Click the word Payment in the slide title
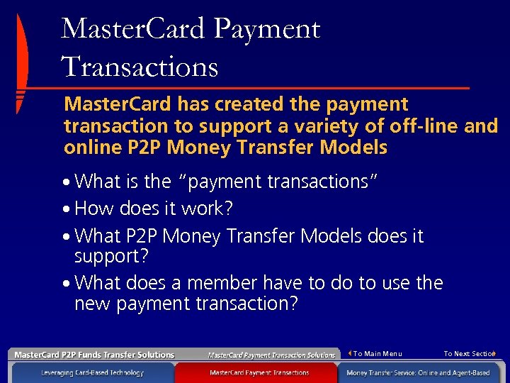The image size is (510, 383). (266, 30)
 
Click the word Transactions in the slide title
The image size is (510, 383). (140, 67)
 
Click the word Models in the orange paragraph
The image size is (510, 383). (353, 148)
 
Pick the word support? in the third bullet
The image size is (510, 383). (107, 255)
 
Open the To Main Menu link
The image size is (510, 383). (377, 353)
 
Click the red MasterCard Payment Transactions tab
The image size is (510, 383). (259, 372)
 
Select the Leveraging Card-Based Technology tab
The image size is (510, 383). (92, 372)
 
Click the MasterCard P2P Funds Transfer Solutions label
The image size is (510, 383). (94, 355)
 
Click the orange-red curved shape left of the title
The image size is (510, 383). (21, 64)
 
